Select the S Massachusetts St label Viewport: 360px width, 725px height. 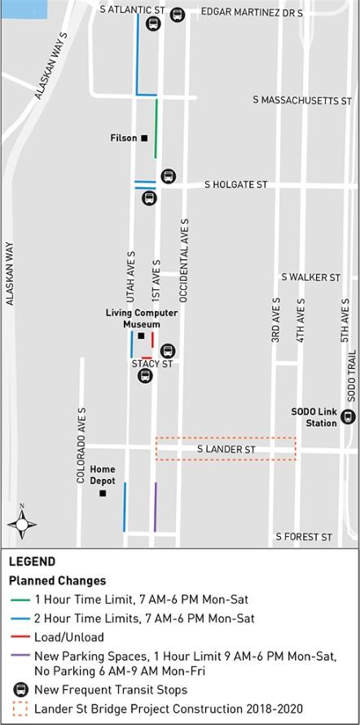302,100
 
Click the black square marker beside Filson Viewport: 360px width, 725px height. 145,138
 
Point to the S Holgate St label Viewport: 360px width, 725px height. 236,185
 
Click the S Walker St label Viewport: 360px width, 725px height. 310,278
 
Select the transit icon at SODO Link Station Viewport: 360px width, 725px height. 348,417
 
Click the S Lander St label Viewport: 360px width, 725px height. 226,450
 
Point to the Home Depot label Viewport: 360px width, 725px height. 103,475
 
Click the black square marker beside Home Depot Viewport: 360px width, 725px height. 103,493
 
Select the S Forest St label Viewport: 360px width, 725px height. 304,538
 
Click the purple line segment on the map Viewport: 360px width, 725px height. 155,507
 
